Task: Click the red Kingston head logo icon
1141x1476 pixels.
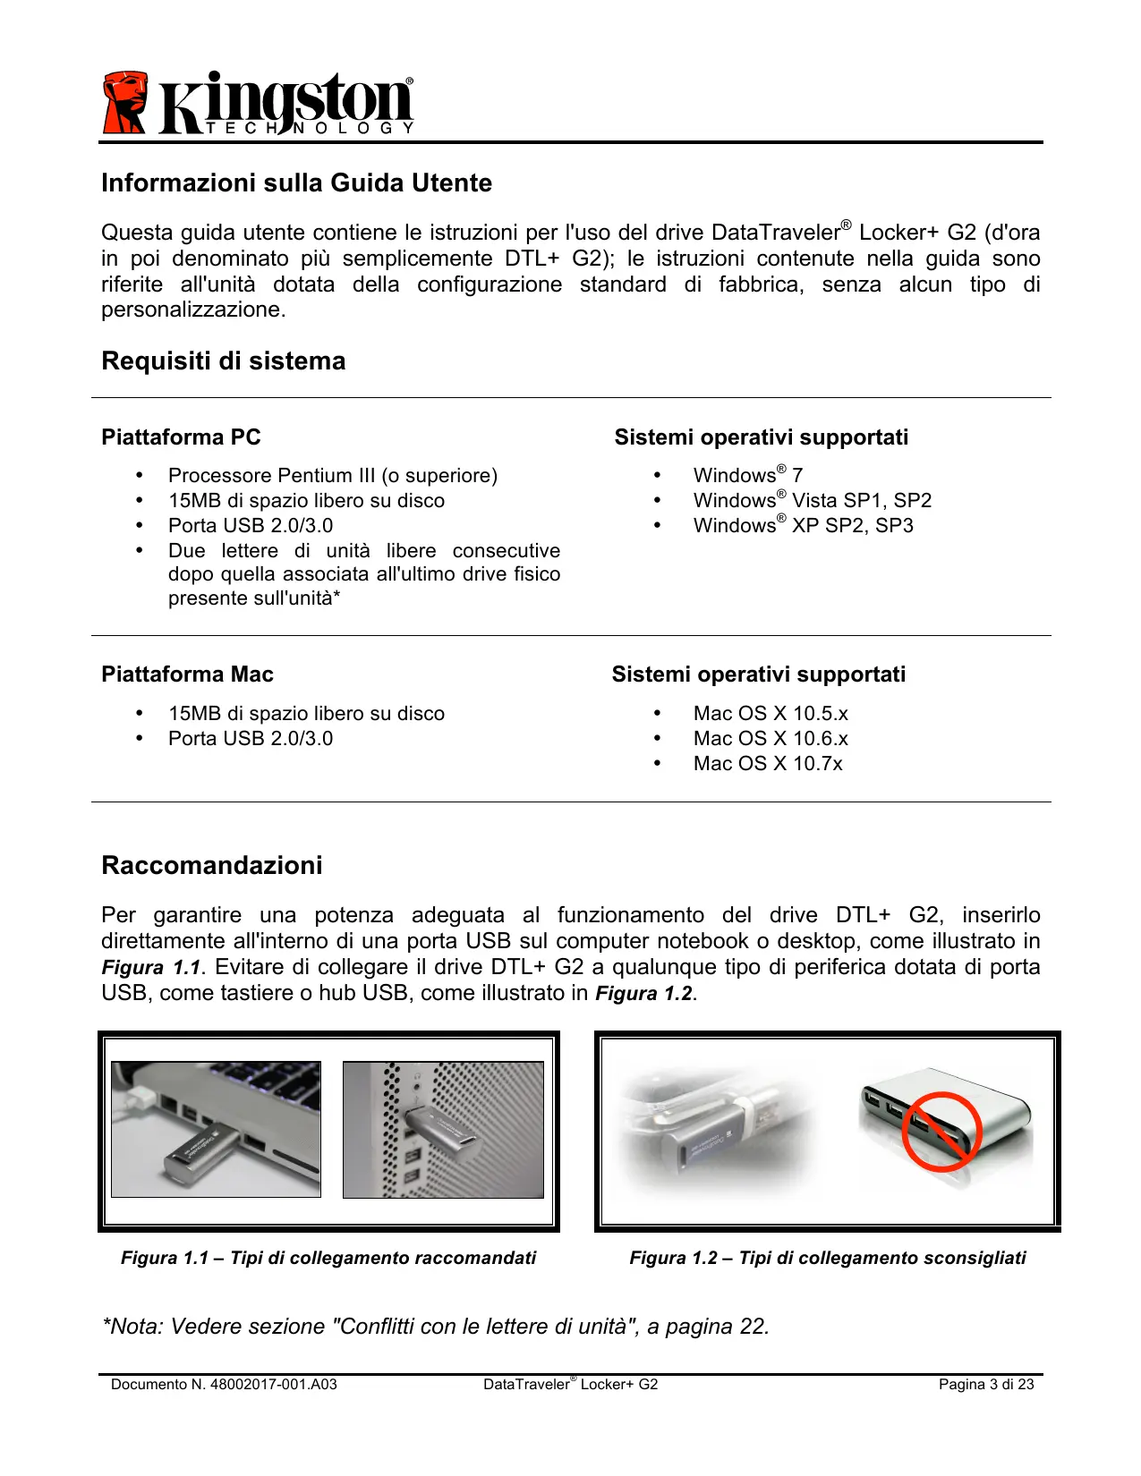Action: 124,103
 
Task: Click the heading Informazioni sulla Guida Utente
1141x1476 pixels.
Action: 296,183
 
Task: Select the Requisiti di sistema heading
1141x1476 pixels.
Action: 223,361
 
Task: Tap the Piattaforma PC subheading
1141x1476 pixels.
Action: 181,437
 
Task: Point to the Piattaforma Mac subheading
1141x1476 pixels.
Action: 187,674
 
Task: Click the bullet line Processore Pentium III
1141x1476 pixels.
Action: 332,476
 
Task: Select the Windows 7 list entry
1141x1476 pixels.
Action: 747,476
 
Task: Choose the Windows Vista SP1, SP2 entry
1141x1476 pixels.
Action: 812,501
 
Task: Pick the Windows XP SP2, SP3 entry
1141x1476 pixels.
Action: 803,526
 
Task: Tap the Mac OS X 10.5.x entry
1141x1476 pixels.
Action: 770,714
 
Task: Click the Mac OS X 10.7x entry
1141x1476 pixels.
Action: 767,764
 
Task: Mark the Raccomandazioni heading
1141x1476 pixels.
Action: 212,866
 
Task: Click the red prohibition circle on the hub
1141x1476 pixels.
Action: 941,1132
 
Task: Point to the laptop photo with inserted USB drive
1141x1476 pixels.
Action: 216,1130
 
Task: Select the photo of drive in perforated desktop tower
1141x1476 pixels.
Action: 443,1130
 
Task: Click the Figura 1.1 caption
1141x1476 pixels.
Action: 328,1259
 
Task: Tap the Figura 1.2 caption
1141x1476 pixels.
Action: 827,1259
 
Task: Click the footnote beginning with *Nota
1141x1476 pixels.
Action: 436,1327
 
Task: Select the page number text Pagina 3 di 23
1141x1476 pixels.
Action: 985,1385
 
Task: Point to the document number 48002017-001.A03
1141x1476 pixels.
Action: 224,1385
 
